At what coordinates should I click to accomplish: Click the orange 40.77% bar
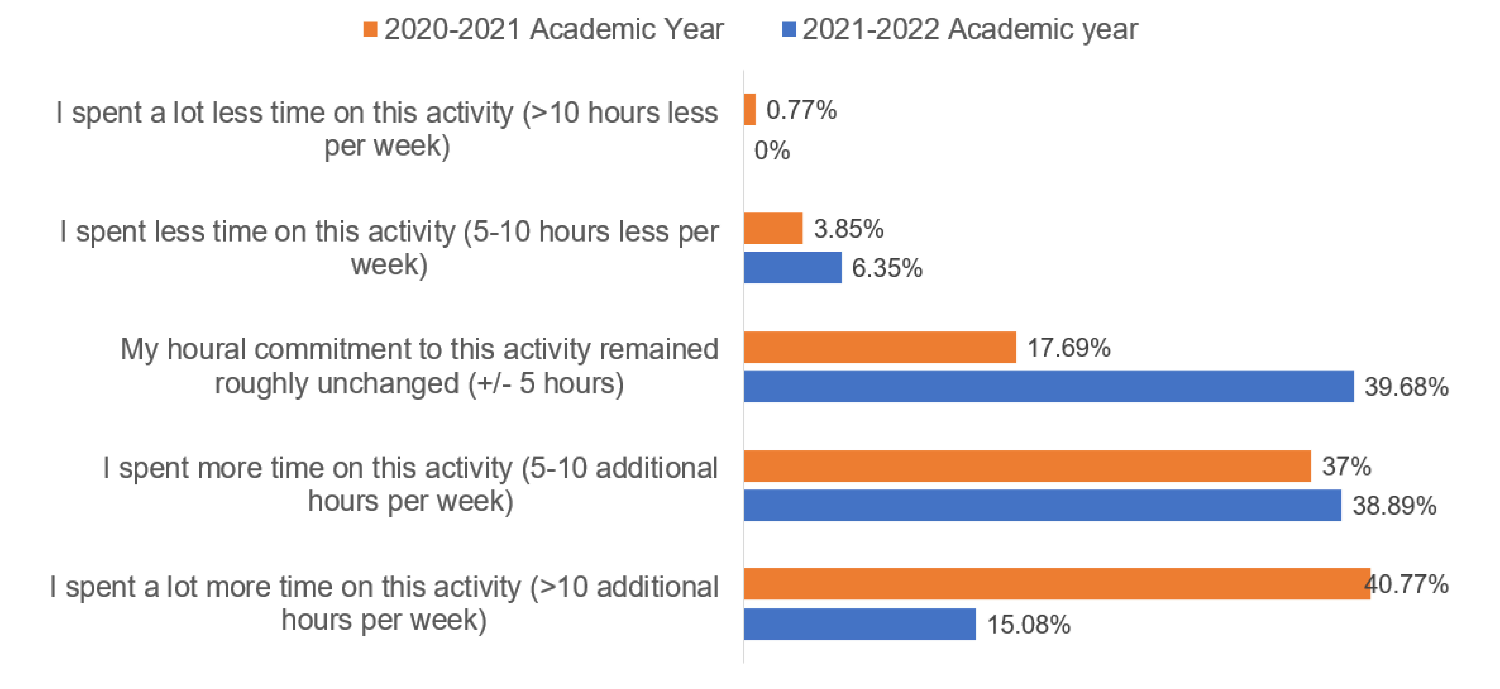[x=1057, y=584]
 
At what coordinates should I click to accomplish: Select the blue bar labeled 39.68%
[x=1049, y=386]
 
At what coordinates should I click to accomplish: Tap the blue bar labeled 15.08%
[x=859, y=624]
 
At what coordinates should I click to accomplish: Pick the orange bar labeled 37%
[x=1027, y=466]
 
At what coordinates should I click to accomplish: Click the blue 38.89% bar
[x=1042, y=505]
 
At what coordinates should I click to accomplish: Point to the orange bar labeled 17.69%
[x=880, y=347]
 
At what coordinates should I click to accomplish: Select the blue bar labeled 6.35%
[x=793, y=267]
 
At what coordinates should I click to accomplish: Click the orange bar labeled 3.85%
[x=773, y=228]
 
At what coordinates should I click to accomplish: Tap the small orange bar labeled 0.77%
[x=750, y=109]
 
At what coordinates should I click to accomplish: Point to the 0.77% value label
[x=801, y=109]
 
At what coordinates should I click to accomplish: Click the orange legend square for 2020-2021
[x=370, y=29]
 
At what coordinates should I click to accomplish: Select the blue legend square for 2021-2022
[x=789, y=29]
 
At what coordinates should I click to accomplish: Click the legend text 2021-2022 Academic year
[x=970, y=29]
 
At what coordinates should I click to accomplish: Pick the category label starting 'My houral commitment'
[x=419, y=366]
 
